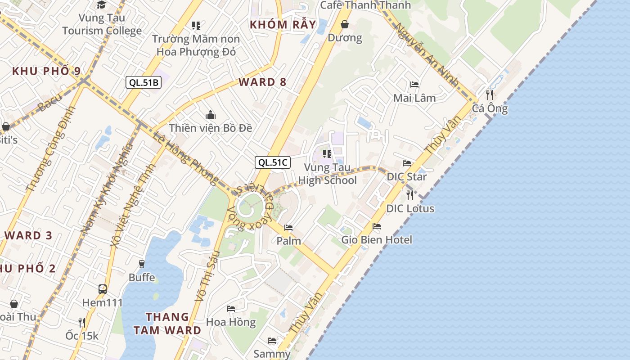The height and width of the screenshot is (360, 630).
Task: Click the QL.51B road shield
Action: click(x=143, y=82)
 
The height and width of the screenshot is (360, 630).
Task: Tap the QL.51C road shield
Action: click(x=273, y=162)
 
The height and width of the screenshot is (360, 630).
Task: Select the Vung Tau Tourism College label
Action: click(x=102, y=24)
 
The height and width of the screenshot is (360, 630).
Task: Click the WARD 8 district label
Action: click(x=262, y=82)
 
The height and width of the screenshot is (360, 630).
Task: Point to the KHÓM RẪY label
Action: click(x=283, y=24)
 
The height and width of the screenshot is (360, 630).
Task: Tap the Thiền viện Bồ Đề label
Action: click(x=210, y=128)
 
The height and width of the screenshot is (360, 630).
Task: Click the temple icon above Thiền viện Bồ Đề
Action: click(x=210, y=115)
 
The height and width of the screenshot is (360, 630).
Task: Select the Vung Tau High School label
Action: click(x=327, y=174)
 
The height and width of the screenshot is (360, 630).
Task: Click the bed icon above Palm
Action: click(x=288, y=228)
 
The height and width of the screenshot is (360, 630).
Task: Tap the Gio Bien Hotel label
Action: click(x=376, y=239)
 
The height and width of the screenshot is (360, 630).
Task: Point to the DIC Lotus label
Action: click(x=410, y=208)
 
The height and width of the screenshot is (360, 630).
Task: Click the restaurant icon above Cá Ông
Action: click(x=490, y=95)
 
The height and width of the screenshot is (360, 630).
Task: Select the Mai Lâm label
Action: click(x=414, y=98)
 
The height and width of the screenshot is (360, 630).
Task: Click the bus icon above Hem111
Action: click(x=103, y=289)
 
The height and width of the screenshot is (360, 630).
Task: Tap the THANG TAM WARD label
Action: click(x=167, y=324)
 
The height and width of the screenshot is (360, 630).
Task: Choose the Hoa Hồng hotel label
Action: click(x=230, y=322)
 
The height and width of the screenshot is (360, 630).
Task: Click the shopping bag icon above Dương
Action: click(x=345, y=24)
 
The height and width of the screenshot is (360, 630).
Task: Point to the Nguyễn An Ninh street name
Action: click(x=426, y=54)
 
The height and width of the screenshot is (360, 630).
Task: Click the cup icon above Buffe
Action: click(x=142, y=264)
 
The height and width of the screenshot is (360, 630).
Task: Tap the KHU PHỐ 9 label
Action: click(x=46, y=71)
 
